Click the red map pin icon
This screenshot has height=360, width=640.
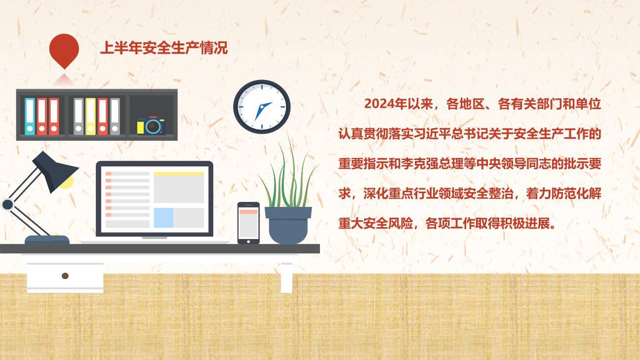coord(64,49)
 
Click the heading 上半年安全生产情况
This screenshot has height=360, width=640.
coord(163,48)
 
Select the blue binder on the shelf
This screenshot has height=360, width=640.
coord(30,117)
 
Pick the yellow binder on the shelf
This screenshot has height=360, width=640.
coord(90,117)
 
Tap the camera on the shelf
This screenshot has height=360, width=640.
coord(152,125)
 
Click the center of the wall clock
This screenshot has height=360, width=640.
coord(262,107)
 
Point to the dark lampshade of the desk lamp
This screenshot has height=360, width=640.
coord(55,170)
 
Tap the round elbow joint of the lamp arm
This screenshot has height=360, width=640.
coord(7,204)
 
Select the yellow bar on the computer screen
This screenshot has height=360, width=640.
coord(179,174)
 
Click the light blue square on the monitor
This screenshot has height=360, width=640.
coord(163,218)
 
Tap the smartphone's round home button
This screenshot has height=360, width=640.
coord(248,241)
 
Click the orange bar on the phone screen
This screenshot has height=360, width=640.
coord(248,211)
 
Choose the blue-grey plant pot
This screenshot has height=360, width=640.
coord(288,225)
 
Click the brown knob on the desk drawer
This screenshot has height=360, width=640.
coord(65,276)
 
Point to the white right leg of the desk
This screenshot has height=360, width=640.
coord(286,277)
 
